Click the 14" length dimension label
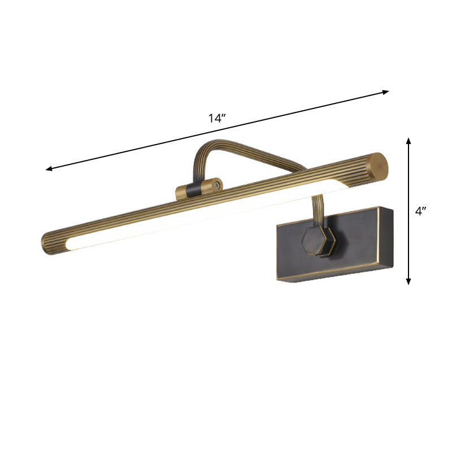(x=217, y=118)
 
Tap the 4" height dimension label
(x=421, y=211)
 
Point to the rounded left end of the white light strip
(x=71, y=245)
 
